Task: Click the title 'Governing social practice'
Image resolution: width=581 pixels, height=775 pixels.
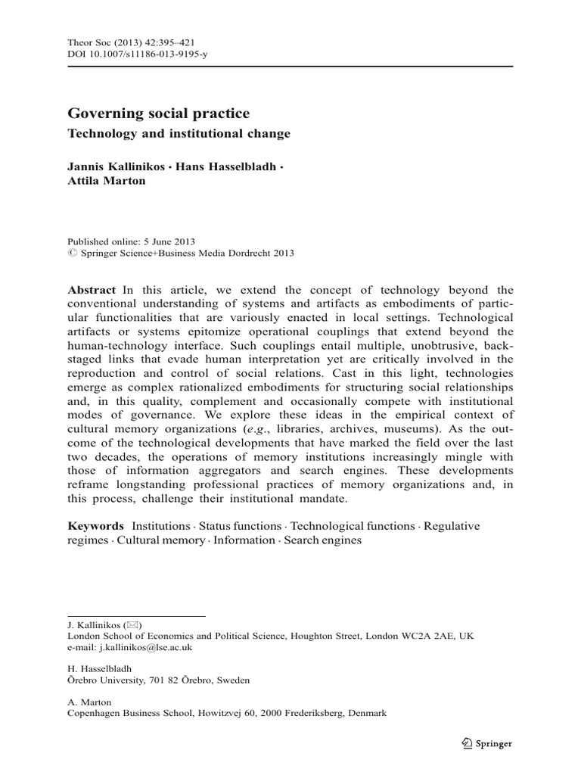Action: click(x=159, y=114)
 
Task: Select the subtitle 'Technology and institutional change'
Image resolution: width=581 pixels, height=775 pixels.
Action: click(x=179, y=133)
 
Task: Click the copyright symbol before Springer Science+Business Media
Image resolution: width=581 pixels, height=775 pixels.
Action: click(x=73, y=254)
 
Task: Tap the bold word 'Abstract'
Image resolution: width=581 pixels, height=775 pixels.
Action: click(x=92, y=290)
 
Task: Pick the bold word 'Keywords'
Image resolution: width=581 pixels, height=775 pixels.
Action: click(x=95, y=525)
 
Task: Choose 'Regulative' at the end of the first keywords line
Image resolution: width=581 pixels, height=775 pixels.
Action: click(x=449, y=525)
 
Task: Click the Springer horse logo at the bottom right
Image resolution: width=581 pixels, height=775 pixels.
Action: click(x=467, y=744)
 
